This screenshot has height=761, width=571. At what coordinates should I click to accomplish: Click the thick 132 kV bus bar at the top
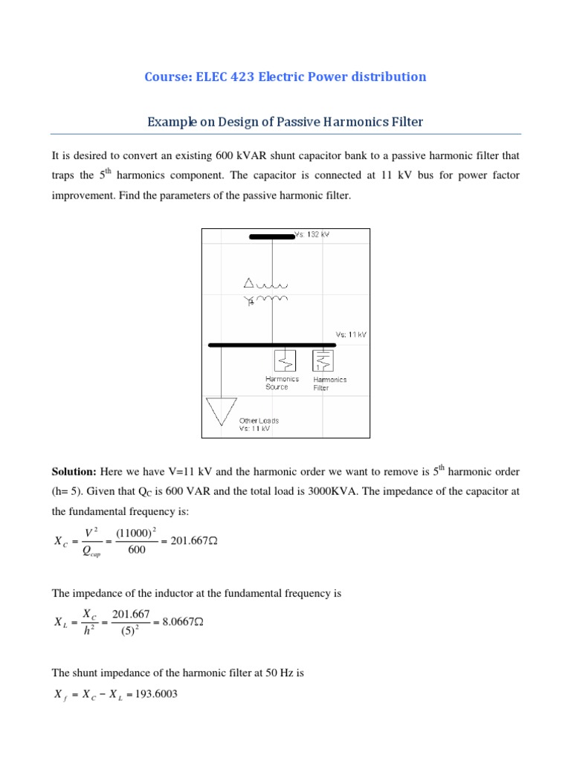pos(271,237)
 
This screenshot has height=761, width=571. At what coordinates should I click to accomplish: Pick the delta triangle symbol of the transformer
pos(250,282)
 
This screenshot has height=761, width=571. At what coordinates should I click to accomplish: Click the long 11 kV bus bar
pos(286,345)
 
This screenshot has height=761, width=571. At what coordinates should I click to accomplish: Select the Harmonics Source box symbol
pos(285,360)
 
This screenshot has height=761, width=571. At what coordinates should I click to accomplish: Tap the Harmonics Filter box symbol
pos(323,360)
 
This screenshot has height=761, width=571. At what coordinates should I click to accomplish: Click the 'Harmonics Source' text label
pos(282,383)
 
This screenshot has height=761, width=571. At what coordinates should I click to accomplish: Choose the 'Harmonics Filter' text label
pos(329,383)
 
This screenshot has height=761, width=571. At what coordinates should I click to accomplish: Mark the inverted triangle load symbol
pos(221,411)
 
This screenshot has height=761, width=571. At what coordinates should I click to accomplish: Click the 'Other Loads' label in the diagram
pos(259,421)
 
